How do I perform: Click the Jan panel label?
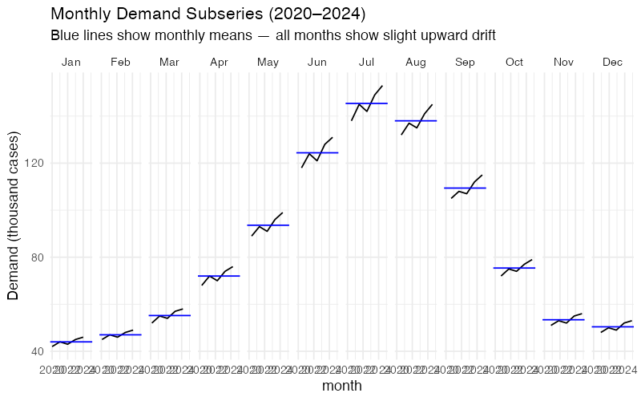[x=71, y=62]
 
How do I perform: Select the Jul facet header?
[x=367, y=62]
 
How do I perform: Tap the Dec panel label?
[x=613, y=62]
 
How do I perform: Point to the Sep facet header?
[x=466, y=62]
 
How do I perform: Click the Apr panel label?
[x=219, y=62]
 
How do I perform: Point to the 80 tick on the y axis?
[x=35, y=257]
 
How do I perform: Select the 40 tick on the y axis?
[x=35, y=351]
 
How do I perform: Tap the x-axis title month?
[x=342, y=386]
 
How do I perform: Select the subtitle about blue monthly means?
[x=272, y=35]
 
